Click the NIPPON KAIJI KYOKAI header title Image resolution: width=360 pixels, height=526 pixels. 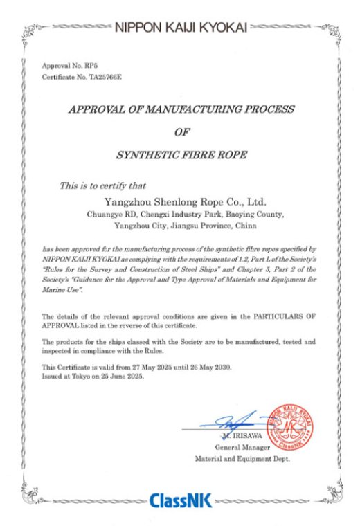point(179,28)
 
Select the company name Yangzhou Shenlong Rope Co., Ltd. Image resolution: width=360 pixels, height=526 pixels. point(184,203)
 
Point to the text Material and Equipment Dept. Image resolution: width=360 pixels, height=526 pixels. point(242,459)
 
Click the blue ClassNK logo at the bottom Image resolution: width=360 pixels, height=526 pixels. point(181,500)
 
